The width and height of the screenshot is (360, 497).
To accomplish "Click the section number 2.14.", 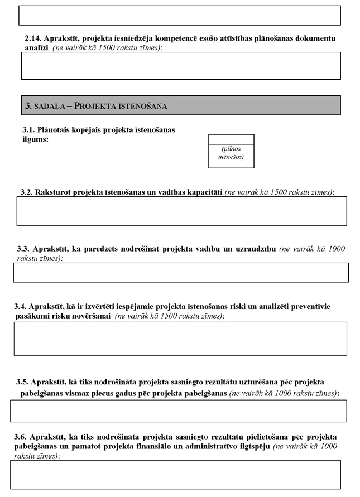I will point(34,38).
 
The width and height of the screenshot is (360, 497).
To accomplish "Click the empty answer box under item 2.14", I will point(180,66).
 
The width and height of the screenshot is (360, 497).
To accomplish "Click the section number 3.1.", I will point(30,129).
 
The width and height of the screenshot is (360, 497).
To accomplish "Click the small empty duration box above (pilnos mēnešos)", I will point(231,139).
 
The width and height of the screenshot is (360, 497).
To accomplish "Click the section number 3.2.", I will point(26,192).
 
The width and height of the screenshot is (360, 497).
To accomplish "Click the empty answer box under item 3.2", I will point(181,211).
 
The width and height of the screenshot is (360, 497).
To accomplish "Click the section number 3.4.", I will point(21,306).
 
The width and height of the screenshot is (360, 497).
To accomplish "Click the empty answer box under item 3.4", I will point(180,338).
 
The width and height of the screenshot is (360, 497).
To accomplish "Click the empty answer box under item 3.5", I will point(178,411).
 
